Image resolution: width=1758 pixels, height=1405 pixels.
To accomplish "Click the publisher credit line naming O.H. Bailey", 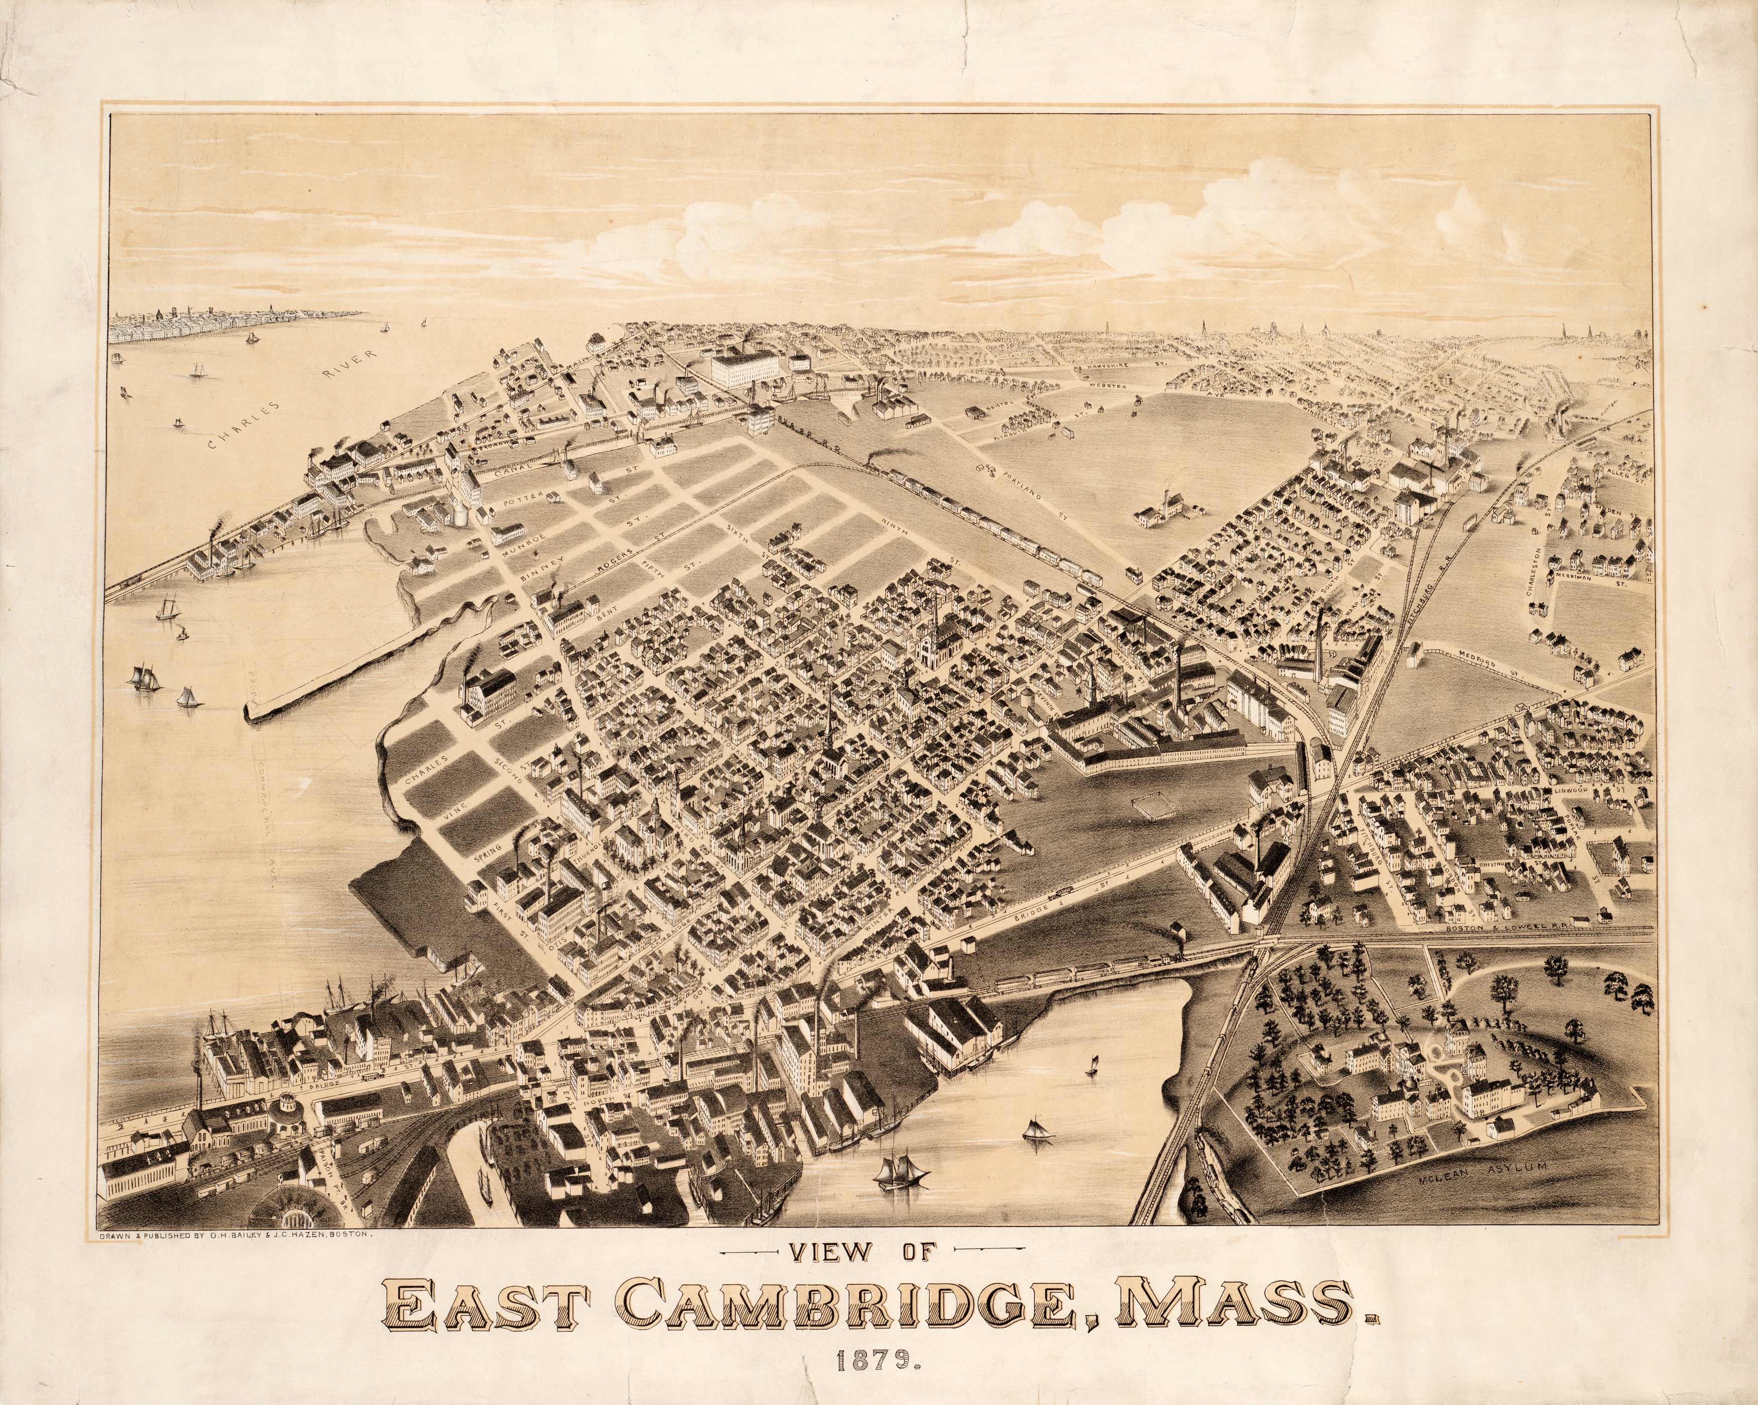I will tap(236, 1235).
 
